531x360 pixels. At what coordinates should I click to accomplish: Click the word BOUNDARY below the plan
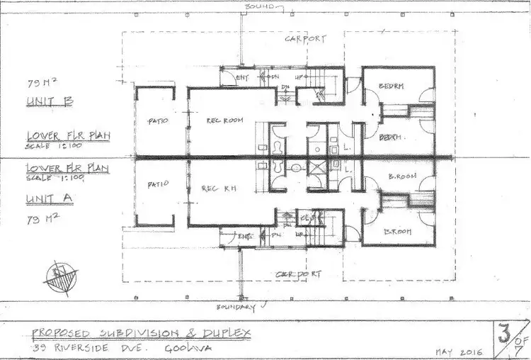click(x=235, y=308)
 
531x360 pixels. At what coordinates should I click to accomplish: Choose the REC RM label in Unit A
click(x=218, y=188)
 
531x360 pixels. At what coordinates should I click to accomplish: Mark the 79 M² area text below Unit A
click(x=40, y=210)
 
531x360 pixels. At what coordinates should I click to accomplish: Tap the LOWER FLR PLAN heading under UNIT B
click(x=67, y=135)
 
